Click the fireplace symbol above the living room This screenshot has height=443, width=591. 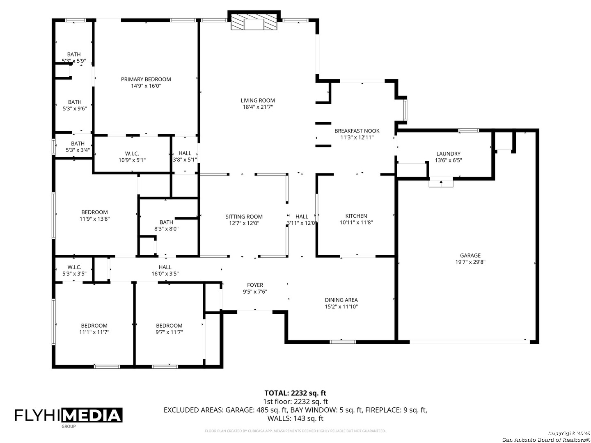[254, 21]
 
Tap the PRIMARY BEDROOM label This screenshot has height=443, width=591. [146, 79]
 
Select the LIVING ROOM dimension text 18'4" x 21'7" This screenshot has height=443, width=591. [258, 107]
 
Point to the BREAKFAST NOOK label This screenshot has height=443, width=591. [357, 131]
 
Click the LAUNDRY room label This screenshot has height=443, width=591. [448, 153]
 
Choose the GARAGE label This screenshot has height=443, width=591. [470, 255]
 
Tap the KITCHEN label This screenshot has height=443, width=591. [356, 216]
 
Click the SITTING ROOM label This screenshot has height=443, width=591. [244, 217]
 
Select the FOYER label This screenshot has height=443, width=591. [255, 285]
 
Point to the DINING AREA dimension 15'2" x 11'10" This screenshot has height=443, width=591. [341, 306]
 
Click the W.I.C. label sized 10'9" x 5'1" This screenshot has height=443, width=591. [132, 153]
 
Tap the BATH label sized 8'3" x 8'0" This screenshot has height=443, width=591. [166, 222]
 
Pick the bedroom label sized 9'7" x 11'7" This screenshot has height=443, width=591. [169, 325]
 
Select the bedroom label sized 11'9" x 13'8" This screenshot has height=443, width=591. [94, 212]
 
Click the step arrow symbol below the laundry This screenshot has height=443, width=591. [441, 183]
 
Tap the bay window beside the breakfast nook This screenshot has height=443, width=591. [405, 110]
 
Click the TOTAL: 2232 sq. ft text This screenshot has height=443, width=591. [295, 393]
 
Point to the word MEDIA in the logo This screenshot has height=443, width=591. [92, 416]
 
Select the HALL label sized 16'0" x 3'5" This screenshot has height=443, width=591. [165, 267]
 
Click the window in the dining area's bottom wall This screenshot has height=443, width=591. [343, 342]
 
